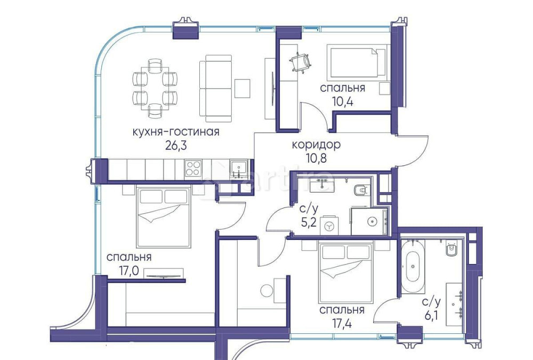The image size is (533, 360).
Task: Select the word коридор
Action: (316, 145)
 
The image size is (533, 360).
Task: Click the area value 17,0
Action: (128, 270)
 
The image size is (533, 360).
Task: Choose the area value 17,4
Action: (341, 323)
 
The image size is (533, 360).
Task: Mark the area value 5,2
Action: (309, 222)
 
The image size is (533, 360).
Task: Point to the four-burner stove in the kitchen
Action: (193, 169)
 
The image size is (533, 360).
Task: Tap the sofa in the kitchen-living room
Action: (215, 88)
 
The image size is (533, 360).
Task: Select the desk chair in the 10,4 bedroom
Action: (300, 62)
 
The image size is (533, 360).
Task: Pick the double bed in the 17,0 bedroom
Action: (164, 217)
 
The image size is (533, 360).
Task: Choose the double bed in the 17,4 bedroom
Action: (345, 273)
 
